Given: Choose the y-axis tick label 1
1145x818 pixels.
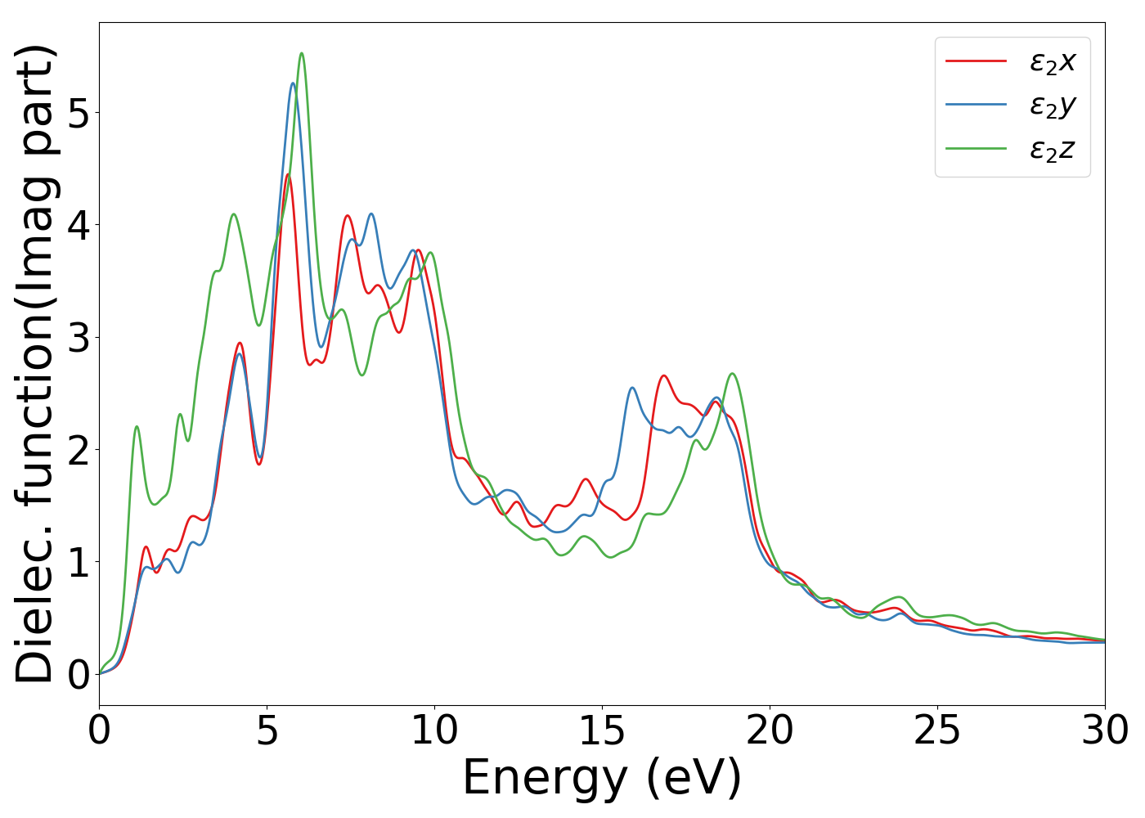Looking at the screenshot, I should click(79, 563).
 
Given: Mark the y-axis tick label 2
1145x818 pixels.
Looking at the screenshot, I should click(79, 450).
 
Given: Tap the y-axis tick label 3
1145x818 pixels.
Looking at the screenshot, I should click(79, 338).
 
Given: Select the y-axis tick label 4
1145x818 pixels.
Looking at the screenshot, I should click(79, 225).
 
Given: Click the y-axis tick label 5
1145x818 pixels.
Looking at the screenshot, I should click(79, 113).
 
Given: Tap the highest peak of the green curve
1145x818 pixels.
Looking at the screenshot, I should click(302, 54).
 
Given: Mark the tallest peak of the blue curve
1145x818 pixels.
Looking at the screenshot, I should click(292, 83).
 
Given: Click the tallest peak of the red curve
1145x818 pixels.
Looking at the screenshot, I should click(288, 174).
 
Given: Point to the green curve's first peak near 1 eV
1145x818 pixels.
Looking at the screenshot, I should click(137, 426).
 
